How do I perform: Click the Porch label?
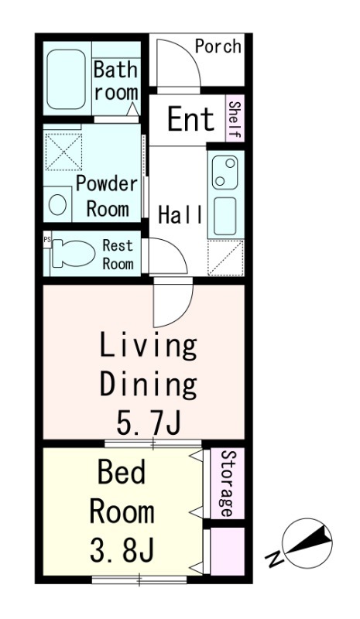click(x=218, y=46)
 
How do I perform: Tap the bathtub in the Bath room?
click(x=67, y=79)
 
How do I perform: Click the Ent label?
click(x=191, y=118)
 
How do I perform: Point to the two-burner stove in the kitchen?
click(x=225, y=172)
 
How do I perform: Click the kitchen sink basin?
click(x=225, y=216)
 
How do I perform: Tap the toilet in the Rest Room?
click(x=73, y=253)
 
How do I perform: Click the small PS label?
click(x=47, y=239)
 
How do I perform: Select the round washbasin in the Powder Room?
click(x=57, y=204)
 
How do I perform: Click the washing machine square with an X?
click(x=63, y=152)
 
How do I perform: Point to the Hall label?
click(x=180, y=215)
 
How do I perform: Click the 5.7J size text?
click(x=148, y=422)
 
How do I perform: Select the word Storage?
click(x=226, y=483)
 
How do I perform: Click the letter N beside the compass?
click(x=274, y=559)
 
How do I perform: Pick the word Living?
click(x=148, y=347)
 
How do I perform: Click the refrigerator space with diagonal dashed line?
click(x=225, y=258)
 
